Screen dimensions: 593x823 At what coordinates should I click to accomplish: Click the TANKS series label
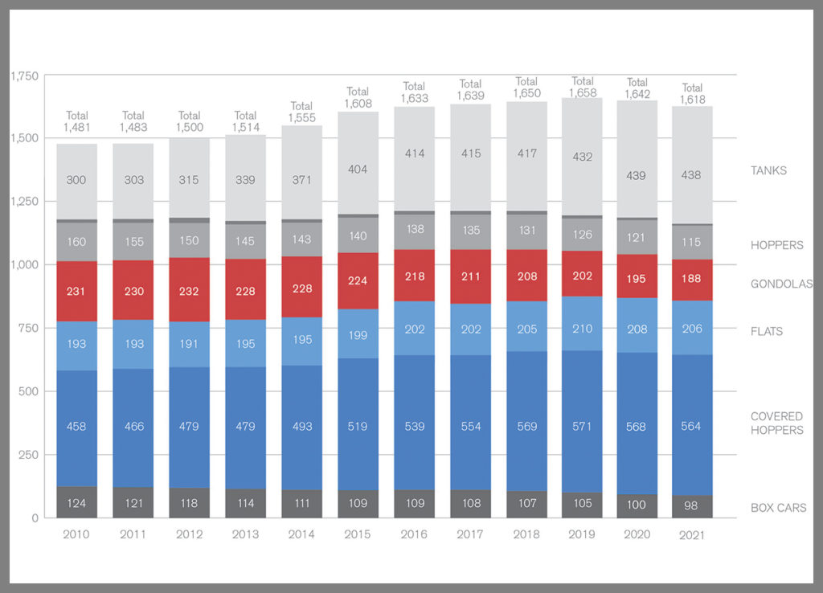point(768,170)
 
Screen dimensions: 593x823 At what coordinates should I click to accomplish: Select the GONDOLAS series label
point(781,284)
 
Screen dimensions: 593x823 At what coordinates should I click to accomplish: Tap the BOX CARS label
point(778,508)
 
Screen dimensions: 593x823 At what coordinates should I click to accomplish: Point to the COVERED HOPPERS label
point(776,423)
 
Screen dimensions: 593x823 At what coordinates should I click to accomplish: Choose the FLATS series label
point(767,331)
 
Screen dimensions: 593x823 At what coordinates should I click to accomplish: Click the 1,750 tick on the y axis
point(24,76)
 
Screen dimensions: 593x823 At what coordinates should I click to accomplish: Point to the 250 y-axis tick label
point(28,455)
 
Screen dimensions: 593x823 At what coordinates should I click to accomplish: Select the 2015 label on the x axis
point(358,534)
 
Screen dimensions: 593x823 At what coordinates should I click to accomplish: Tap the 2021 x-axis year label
point(692,535)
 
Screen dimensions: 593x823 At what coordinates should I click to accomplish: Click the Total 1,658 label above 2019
point(582,87)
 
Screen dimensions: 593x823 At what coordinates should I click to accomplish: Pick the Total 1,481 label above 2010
point(77,121)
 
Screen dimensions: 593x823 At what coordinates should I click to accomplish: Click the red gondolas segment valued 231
point(77,291)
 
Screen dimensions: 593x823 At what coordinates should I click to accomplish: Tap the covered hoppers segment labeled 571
point(582,426)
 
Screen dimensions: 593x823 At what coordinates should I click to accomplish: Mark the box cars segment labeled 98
point(692,506)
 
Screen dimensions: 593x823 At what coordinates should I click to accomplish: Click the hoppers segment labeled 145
point(245,241)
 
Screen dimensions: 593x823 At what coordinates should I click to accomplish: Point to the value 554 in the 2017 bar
point(470,426)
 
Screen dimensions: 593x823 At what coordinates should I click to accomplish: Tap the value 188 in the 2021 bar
point(692,278)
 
